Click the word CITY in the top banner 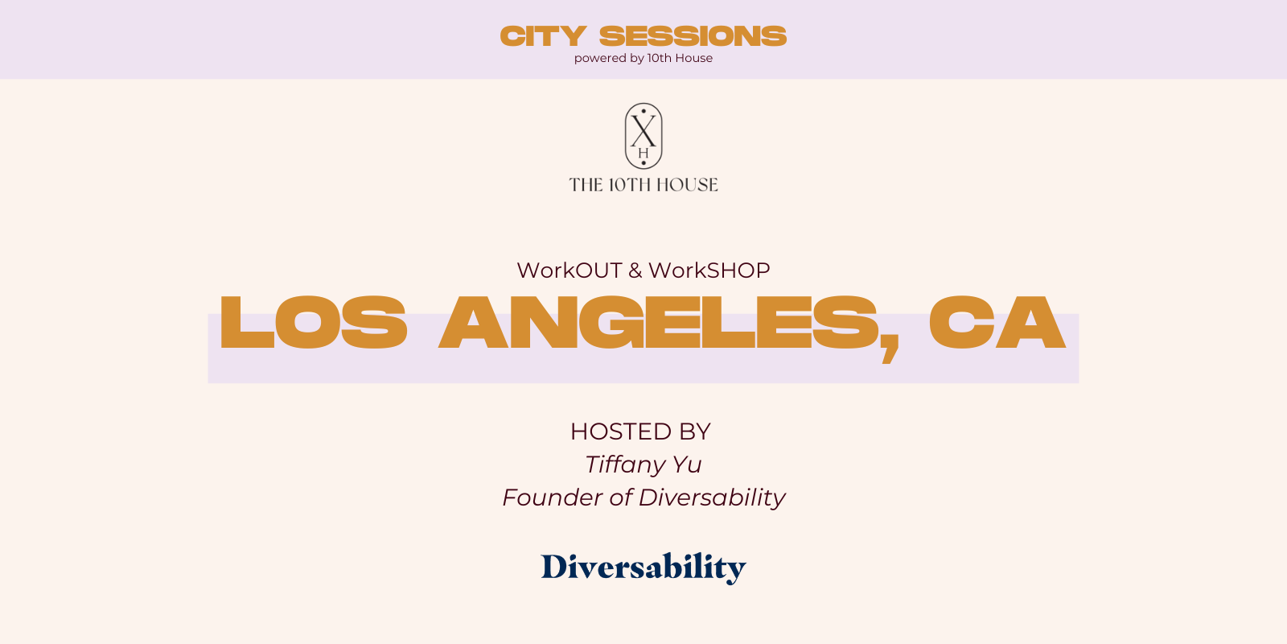pyautogui.click(x=543, y=36)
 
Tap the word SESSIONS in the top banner pyautogui.click(x=693, y=36)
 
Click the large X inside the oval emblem pyautogui.click(x=643, y=131)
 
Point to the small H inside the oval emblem pyautogui.click(x=643, y=154)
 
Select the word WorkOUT pyautogui.click(x=569, y=270)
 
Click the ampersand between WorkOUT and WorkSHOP pyautogui.click(x=635, y=270)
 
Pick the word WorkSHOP pyautogui.click(x=709, y=270)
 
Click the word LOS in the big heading pyautogui.click(x=314, y=322)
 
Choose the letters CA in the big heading pyautogui.click(x=997, y=322)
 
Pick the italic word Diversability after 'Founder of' pyautogui.click(x=711, y=498)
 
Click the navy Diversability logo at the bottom pyautogui.click(x=643, y=568)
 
